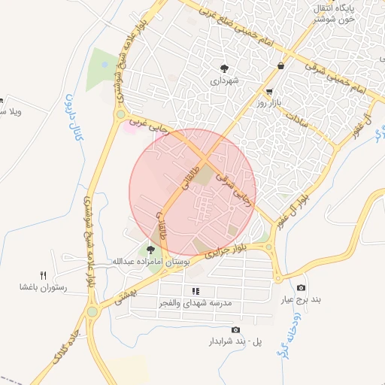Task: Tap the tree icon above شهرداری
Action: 223,67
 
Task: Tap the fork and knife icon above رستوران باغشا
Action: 44,275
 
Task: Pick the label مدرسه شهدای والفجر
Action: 195,302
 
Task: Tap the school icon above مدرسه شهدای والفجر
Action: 196,291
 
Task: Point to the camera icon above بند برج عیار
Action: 302,288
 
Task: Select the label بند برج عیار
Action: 302,299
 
